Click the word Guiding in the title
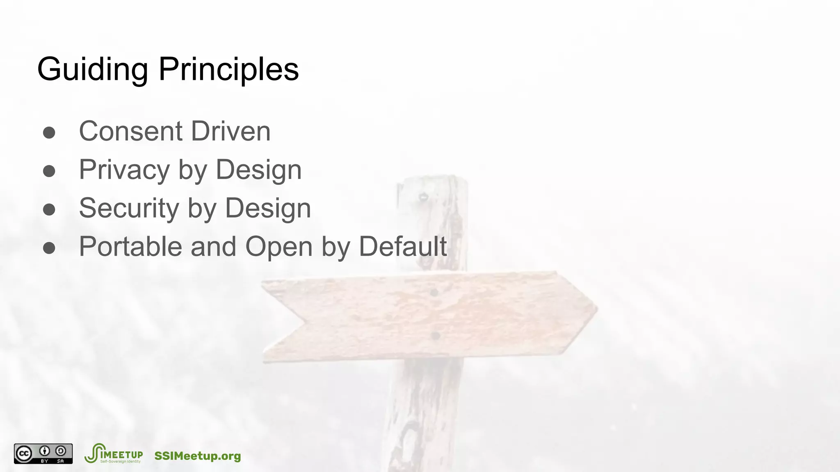click(x=92, y=70)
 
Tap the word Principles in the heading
click(x=228, y=70)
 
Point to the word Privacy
click(x=124, y=170)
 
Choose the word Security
click(x=129, y=208)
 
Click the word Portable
click(x=130, y=247)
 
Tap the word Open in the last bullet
click(x=278, y=247)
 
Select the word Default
click(x=402, y=247)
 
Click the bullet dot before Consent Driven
click(x=49, y=133)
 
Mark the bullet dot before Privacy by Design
click(x=49, y=171)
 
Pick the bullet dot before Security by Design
click(x=49, y=210)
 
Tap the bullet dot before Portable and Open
click(x=49, y=248)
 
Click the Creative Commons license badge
click(x=43, y=454)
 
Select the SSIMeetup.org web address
click(x=197, y=456)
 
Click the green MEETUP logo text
click(x=121, y=455)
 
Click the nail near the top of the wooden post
click(x=423, y=197)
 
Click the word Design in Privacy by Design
click(x=258, y=170)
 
